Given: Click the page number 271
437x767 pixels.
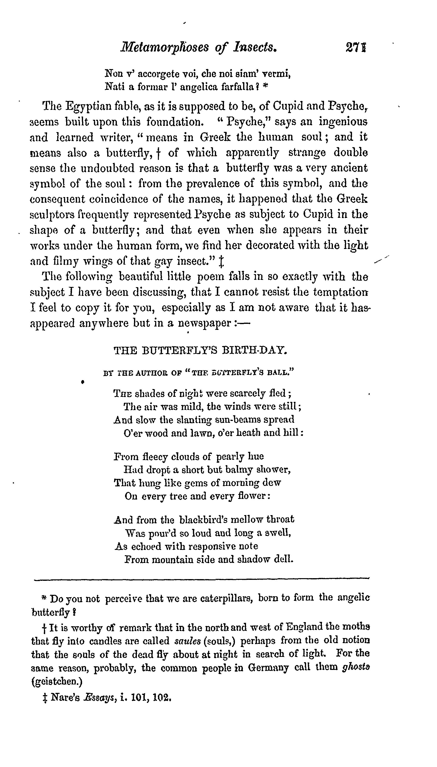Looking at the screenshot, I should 356,47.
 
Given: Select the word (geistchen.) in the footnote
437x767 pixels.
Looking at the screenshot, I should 57,682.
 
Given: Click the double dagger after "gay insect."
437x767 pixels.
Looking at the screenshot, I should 221,262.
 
